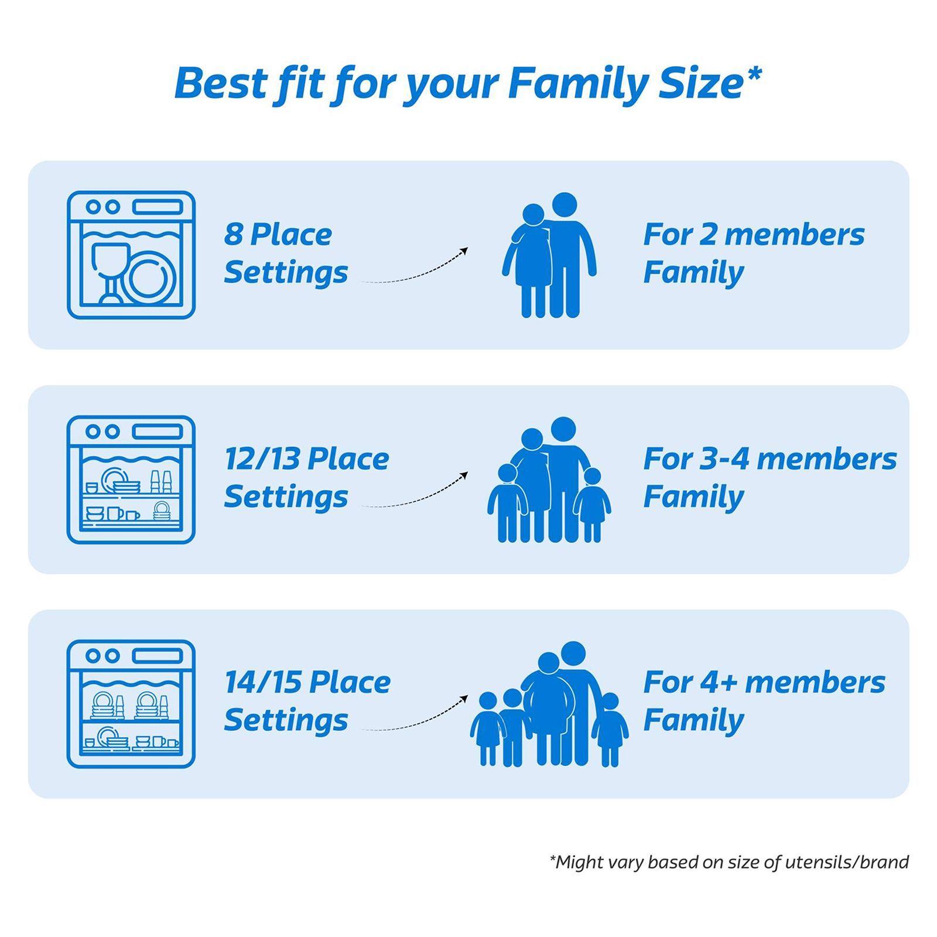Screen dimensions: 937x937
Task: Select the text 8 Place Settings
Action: click(285, 253)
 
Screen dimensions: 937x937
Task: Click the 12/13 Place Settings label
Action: click(306, 477)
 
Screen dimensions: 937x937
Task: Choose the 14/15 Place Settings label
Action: click(306, 701)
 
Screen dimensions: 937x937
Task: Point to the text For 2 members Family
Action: click(753, 253)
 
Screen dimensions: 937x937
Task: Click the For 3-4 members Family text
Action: click(769, 477)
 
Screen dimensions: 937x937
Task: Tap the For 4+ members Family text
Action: click(763, 701)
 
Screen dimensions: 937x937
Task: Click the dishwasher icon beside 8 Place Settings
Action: click(131, 255)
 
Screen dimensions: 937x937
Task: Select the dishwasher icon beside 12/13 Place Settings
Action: click(131, 480)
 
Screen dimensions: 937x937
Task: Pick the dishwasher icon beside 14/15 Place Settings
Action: click(131, 704)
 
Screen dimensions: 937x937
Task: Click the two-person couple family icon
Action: click(549, 256)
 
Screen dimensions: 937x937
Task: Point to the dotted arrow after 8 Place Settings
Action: click(415, 266)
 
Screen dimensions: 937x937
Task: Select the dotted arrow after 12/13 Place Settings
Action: click(415, 491)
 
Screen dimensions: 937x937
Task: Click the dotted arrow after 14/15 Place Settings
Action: click(415, 714)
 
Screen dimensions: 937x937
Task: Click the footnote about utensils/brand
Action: click(729, 862)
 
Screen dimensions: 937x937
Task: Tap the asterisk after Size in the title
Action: click(754, 73)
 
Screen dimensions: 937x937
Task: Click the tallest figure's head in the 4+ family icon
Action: click(573, 653)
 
